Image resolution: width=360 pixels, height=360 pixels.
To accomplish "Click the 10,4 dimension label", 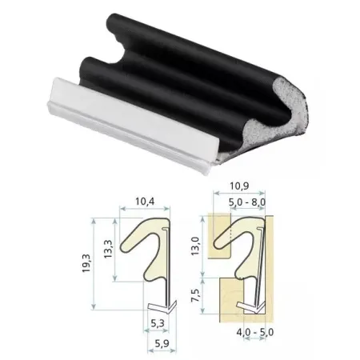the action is click(145, 202).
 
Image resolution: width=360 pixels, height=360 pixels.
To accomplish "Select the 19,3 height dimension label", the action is click(86, 263).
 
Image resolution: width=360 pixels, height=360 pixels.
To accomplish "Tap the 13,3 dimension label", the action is click(108, 249).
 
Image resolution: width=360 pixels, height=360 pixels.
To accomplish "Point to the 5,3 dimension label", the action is click(158, 323).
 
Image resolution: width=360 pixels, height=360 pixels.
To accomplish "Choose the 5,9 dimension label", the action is click(162, 344).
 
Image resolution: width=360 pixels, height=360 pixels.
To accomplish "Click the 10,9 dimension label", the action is click(239, 186).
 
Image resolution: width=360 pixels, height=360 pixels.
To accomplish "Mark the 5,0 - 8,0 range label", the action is click(247, 202).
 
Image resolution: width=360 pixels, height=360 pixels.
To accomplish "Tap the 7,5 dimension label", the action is click(195, 295).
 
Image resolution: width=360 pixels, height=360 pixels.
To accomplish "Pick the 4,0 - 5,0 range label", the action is click(255, 332).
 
